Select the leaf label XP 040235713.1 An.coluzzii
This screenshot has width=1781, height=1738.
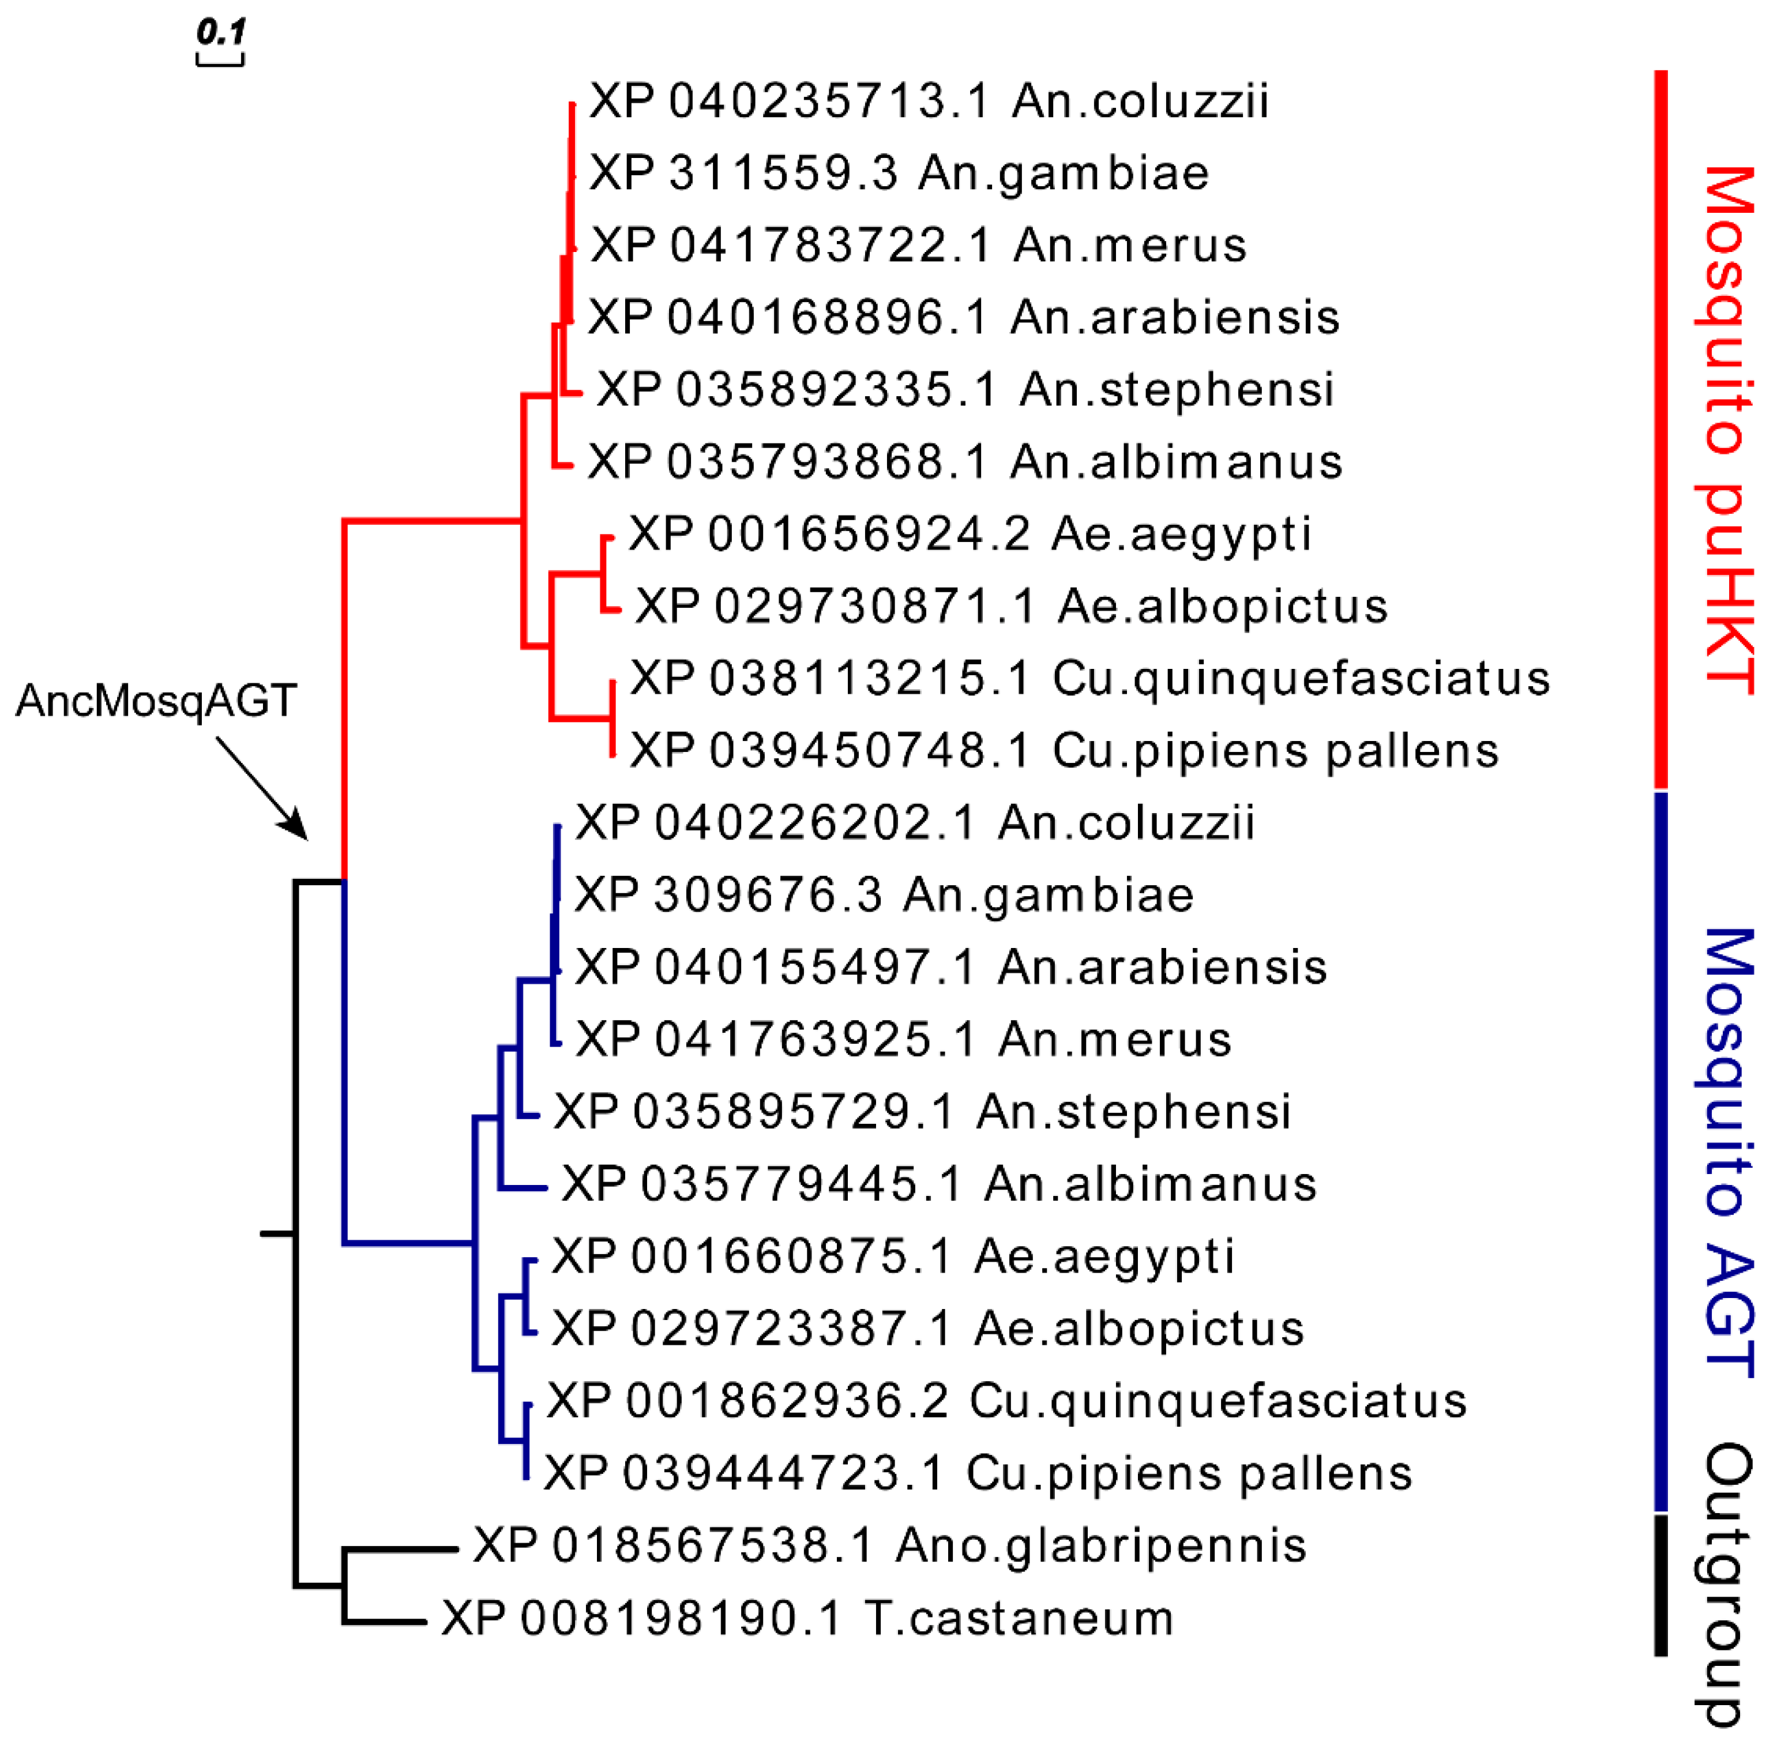(929, 100)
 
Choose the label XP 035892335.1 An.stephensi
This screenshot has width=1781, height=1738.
(965, 390)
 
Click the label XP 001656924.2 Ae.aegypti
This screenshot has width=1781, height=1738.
(970, 534)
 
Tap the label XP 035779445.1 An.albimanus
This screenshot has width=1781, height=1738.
(938, 1185)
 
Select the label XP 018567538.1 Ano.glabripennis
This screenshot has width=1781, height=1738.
(890, 1545)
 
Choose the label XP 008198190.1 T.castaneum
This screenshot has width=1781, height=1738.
(807, 1619)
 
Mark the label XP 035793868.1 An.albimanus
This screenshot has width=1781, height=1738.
(965, 462)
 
